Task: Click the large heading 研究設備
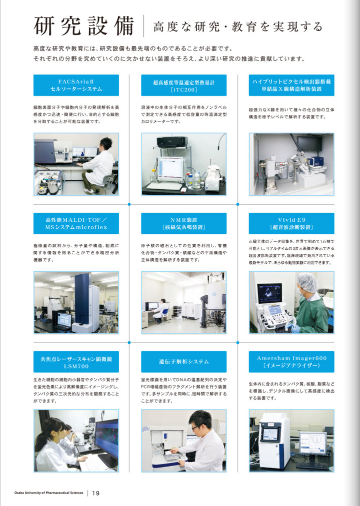pyautogui.click(x=83, y=26)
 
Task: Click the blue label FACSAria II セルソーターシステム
pyautogui.click(x=76, y=85)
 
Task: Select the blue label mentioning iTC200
pyautogui.click(x=183, y=85)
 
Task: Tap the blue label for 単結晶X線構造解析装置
pyautogui.click(x=291, y=85)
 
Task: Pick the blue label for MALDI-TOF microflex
pyautogui.click(x=76, y=223)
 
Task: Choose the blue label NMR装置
pyautogui.click(x=183, y=223)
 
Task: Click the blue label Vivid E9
pyautogui.click(x=291, y=223)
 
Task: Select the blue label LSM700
pyautogui.click(x=76, y=362)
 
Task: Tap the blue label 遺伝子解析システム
pyautogui.click(x=183, y=362)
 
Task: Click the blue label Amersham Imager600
pyautogui.click(x=291, y=362)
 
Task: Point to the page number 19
pyautogui.click(x=95, y=493)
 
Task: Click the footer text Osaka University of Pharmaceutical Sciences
pyautogui.click(x=49, y=493)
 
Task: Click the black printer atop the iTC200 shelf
pyautogui.click(x=172, y=141)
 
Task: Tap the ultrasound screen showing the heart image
pyautogui.click(x=269, y=293)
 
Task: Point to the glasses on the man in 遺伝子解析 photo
pyautogui.click(x=195, y=428)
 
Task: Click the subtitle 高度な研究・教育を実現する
pyautogui.click(x=238, y=26)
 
